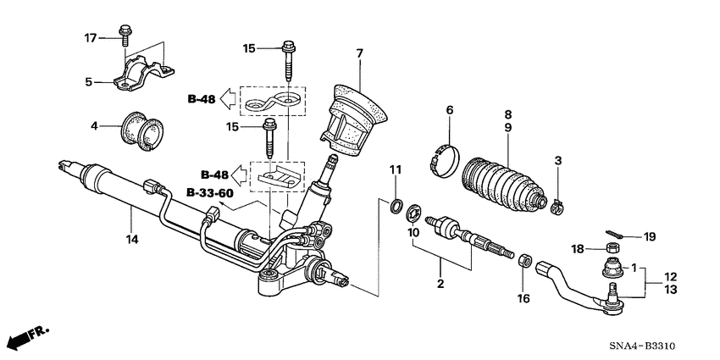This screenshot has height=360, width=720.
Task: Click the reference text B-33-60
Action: tap(208, 193)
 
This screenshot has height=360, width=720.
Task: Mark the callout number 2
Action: tap(440, 284)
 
